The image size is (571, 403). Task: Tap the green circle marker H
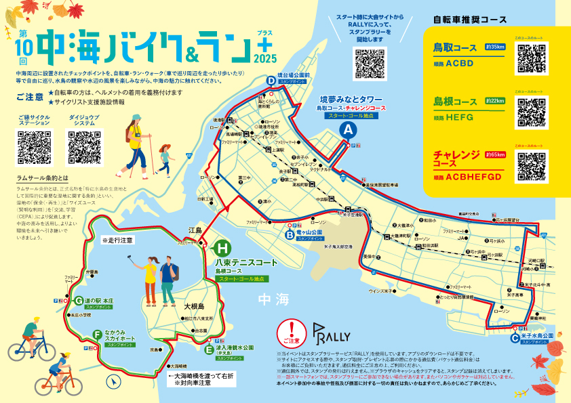click(x=222, y=248)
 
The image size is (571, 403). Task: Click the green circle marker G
click(x=79, y=301)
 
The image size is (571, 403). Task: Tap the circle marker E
click(x=209, y=349)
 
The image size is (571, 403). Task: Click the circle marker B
click(x=290, y=235)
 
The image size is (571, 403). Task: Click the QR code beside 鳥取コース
click(x=531, y=58)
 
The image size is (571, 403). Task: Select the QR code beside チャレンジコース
click(x=531, y=166)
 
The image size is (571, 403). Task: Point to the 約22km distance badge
click(x=495, y=101)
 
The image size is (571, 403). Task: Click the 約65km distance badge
click(x=495, y=155)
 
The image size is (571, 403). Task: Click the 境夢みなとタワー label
click(x=351, y=98)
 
